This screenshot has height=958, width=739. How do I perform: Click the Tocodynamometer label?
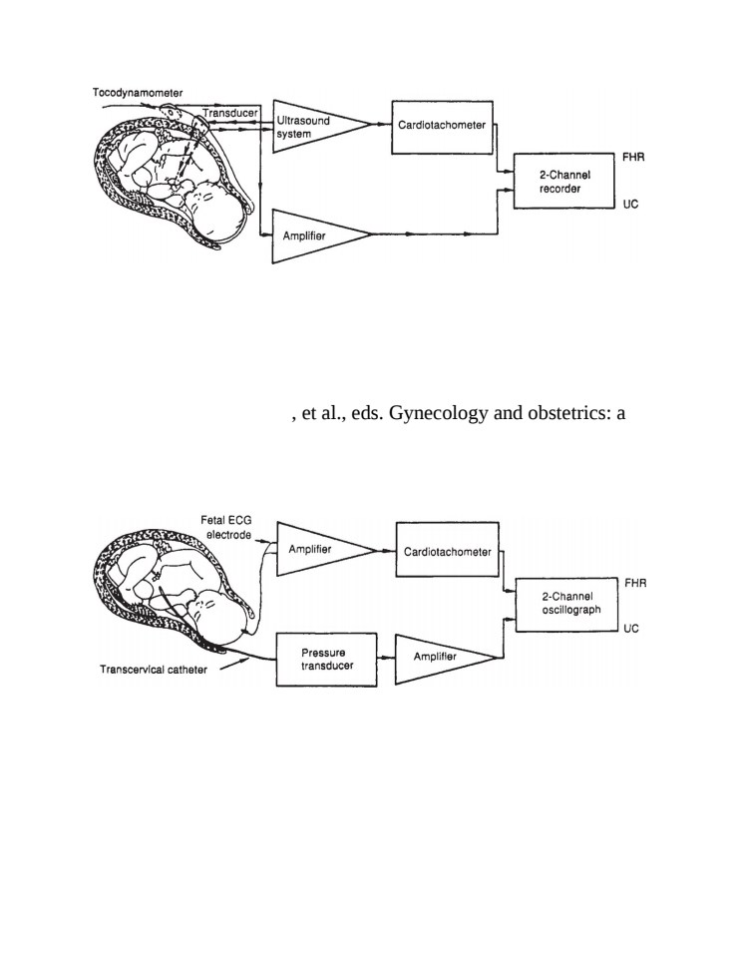(x=138, y=93)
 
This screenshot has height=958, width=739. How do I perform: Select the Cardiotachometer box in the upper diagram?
(x=442, y=127)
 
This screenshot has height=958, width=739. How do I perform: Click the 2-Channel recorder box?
(x=564, y=181)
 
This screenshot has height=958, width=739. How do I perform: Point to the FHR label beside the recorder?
(x=633, y=157)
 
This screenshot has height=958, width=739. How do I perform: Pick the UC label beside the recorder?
(x=631, y=204)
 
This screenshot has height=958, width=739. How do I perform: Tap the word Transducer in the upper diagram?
(x=230, y=113)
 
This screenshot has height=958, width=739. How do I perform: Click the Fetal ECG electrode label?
(x=226, y=527)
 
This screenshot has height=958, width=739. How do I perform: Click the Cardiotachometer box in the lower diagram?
(x=448, y=549)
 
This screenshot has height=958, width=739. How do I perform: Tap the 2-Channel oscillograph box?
(x=566, y=605)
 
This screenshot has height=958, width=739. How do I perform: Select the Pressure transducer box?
(x=327, y=660)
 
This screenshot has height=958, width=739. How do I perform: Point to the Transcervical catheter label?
(x=154, y=670)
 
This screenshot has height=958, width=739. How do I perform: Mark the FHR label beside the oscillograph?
(x=636, y=584)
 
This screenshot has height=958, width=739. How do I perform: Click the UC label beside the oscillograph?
(x=631, y=629)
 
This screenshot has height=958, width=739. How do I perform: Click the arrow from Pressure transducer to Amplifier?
(x=386, y=658)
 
